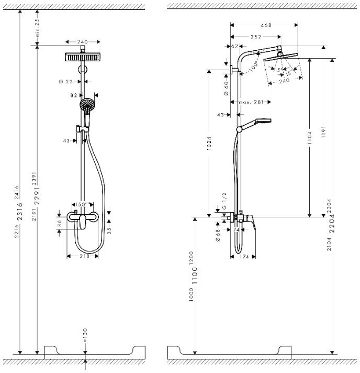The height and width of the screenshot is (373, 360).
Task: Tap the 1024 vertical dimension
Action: pos(209,144)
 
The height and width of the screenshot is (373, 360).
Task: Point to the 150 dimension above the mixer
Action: pos(82,204)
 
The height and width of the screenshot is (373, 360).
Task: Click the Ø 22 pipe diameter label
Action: pos(65,81)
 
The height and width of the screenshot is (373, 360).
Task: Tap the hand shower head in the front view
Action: pos(87,105)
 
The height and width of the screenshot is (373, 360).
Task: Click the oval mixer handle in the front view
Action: pos(83,223)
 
